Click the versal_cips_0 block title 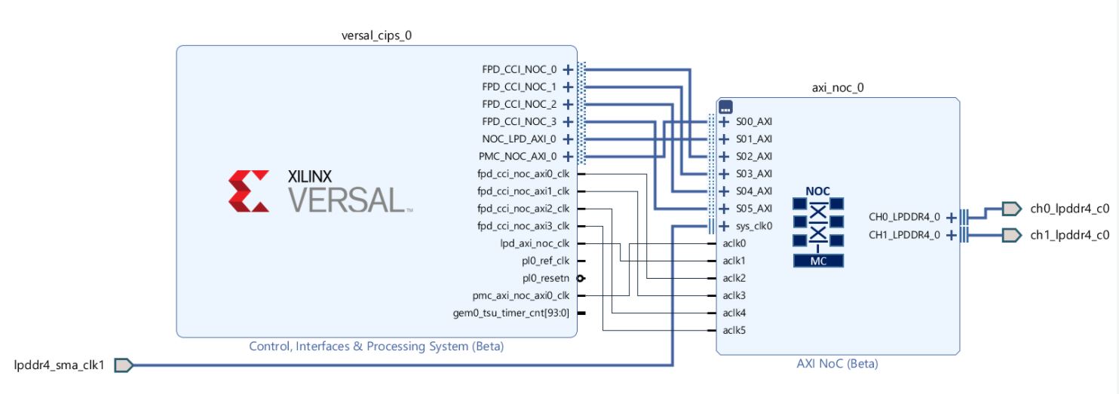[x=376, y=35]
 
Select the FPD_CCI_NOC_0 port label [x=519, y=69]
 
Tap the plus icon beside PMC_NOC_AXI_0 [x=568, y=157]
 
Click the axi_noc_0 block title [x=838, y=87]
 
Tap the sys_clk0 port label [x=754, y=226]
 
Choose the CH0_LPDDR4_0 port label [x=904, y=217]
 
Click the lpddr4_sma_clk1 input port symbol [x=124, y=365]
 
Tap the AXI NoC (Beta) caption [x=837, y=364]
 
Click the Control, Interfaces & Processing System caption [x=376, y=347]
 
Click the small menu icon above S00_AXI [x=725, y=106]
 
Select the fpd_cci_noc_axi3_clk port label [x=523, y=226]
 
